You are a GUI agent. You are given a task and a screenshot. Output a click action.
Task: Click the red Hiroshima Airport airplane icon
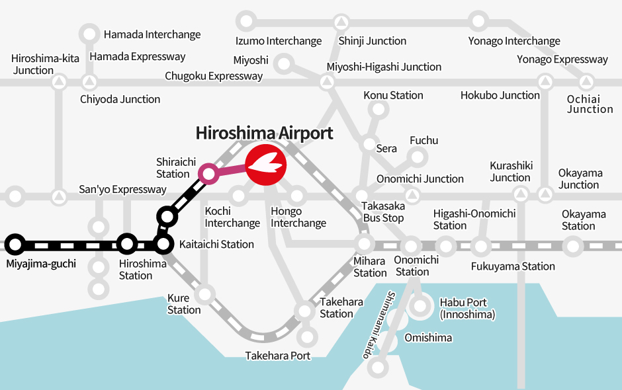[265, 163]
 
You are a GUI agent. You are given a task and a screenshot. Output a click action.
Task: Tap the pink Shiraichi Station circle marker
[208, 174]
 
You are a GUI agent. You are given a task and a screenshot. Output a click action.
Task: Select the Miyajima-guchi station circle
[15, 245]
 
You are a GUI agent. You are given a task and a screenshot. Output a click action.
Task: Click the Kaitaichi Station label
[216, 245]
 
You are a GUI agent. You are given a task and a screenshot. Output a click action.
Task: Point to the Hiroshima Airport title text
[264, 133]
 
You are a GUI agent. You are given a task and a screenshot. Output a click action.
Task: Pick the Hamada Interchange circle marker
[89, 34]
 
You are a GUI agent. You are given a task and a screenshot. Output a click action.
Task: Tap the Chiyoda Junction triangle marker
[89, 83]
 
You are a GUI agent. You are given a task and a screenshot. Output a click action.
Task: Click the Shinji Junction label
[372, 41]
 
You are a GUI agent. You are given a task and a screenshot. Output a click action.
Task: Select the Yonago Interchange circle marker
[478, 20]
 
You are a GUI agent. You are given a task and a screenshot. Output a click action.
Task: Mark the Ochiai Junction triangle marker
[586, 83]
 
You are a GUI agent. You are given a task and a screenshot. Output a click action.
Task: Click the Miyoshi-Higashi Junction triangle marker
[326, 83]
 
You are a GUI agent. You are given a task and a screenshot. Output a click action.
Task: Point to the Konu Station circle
[377, 110]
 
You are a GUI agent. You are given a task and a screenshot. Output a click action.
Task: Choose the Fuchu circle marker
[418, 157]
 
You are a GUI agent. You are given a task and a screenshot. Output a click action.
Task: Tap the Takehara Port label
[278, 356]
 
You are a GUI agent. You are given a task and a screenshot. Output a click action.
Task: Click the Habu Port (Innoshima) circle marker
[421, 306]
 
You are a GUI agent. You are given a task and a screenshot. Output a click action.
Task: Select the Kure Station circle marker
[205, 293]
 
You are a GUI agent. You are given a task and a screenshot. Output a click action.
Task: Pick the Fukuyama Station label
[513, 266]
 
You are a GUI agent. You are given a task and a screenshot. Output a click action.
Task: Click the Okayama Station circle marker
[573, 246]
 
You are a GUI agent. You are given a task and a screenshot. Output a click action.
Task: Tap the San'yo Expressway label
[122, 190]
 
